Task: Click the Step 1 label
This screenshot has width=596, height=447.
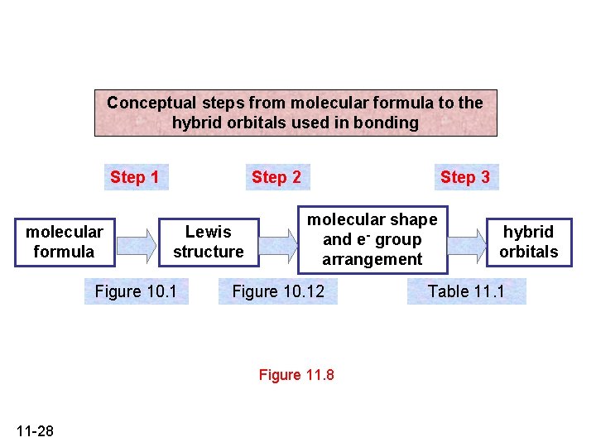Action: pos(135,177)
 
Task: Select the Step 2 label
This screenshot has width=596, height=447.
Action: pos(276,177)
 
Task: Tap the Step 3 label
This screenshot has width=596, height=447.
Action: pos(465,177)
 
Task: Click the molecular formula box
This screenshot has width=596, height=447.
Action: pos(65,242)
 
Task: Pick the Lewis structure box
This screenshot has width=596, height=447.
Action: pos(209,242)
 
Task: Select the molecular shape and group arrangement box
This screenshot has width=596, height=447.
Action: pos(372,240)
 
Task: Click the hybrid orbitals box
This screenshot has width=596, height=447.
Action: pos(529,242)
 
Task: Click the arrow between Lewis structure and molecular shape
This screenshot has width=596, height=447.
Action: pos(278,243)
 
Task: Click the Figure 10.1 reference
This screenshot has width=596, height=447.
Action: pos(136,291)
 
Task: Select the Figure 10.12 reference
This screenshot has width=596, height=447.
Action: pos(278,291)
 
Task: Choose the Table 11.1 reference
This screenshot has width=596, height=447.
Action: pos(466,291)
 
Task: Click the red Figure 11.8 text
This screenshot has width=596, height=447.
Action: pos(296,375)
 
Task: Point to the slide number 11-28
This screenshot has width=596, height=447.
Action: pos(35,430)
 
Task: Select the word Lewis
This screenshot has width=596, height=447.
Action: pos(209,232)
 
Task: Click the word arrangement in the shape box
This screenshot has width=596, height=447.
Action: pos(372,260)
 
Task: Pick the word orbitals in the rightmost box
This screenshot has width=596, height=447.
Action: pos(529,252)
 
